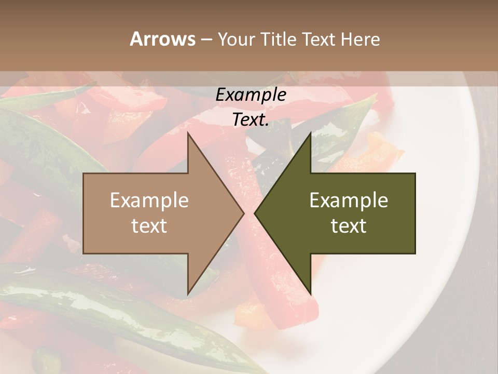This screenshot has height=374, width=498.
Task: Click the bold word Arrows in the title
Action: tap(162, 39)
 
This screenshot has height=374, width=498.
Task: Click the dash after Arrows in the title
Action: tap(206, 39)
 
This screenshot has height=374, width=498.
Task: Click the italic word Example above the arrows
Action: tap(251, 95)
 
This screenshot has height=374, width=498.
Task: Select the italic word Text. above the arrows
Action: tap(251, 119)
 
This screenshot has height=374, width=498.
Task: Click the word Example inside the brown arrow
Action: tap(149, 200)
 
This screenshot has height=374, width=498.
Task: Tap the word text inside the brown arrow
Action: tap(149, 225)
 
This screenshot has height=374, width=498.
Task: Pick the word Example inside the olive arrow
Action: tap(349, 200)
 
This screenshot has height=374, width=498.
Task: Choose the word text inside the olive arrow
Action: tap(349, 225)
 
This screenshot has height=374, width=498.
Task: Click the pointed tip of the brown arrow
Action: tap(243, 213)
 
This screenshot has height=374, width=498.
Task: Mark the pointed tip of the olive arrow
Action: tap(256, 213)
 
